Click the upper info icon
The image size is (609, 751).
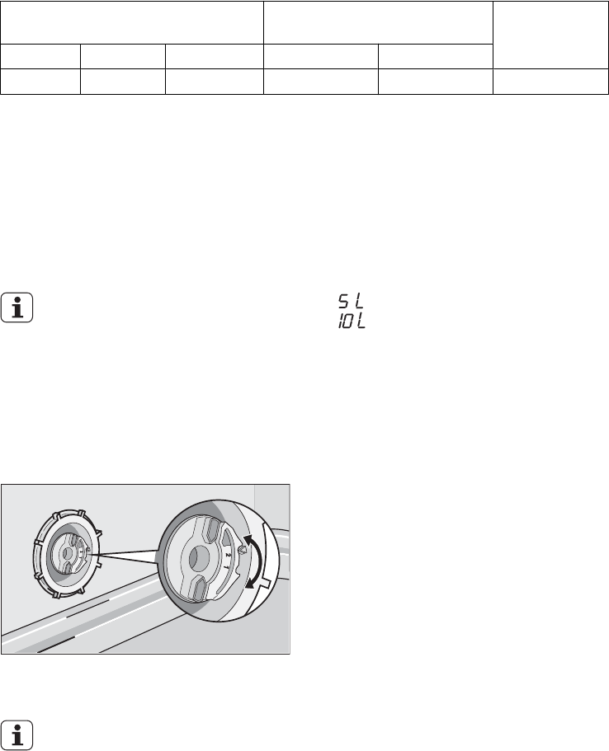(17, 307)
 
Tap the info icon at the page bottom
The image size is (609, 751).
(17, 735)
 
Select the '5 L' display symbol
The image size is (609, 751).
(351, 301)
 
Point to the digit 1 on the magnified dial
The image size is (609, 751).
(226, 567)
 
